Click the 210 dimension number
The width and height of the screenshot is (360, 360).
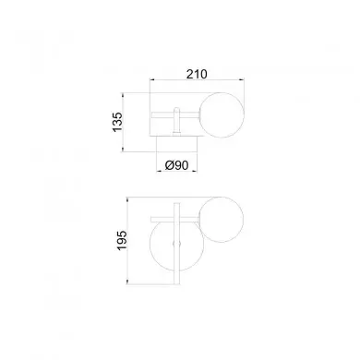point(197,74)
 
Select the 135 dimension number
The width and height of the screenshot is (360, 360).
point(117,122)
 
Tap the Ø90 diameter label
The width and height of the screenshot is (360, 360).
point(176,165)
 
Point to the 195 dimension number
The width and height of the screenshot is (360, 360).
point(122,240)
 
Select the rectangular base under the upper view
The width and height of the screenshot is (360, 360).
point(176,144)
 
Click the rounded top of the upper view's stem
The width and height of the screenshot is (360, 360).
point(176,109)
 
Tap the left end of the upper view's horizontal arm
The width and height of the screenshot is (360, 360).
point(151,114)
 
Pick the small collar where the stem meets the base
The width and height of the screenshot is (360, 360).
point(176,134)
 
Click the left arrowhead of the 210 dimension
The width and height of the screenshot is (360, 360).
point(151,80)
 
